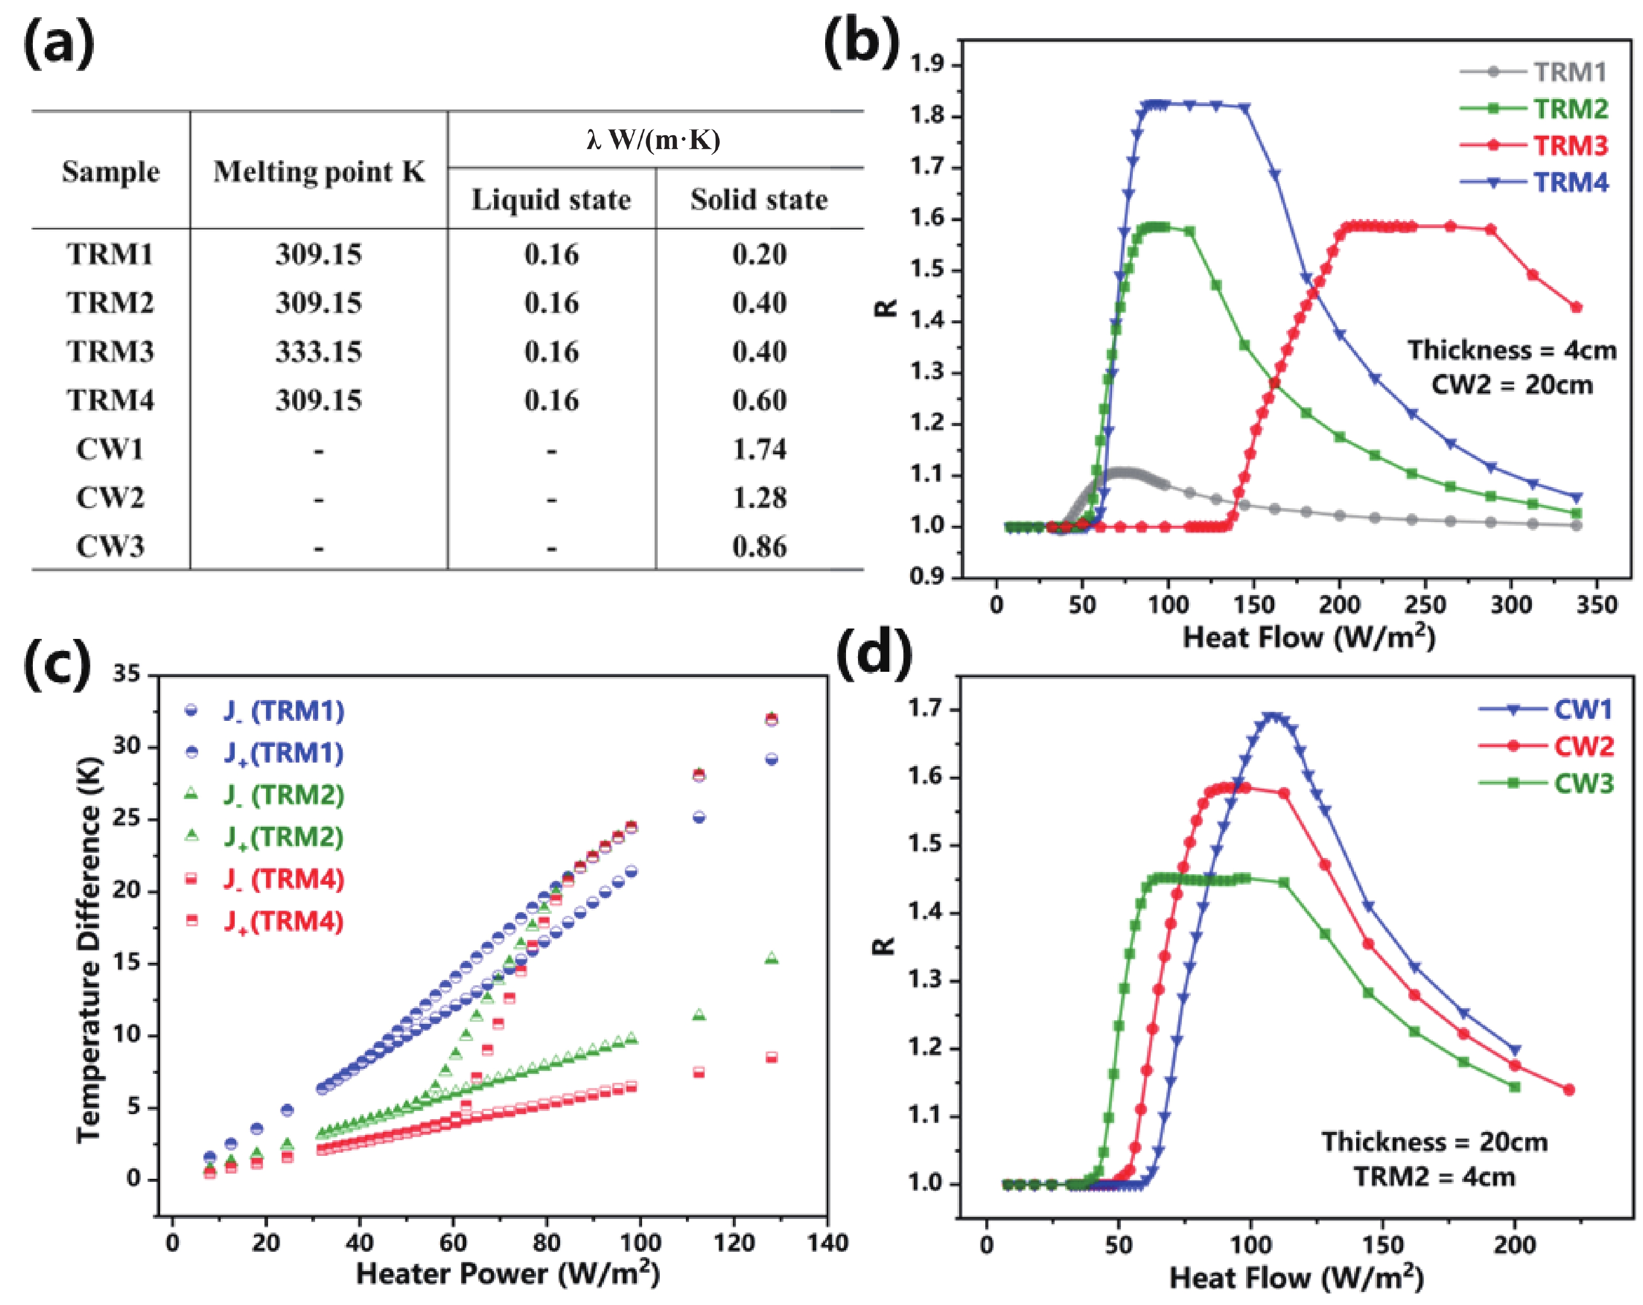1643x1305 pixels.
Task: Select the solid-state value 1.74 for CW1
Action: coord(759,449)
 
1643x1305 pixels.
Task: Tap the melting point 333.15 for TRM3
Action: coord(319,352)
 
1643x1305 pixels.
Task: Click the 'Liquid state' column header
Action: coord(551,200)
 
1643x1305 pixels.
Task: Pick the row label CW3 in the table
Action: coord(110,547)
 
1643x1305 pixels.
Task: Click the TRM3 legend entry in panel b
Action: coord(1570,145)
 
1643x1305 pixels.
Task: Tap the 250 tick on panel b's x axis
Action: coord(1424,605)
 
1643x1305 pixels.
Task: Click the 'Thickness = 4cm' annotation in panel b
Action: coord(1511,350)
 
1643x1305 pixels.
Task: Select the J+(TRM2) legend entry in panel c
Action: coord(283,837)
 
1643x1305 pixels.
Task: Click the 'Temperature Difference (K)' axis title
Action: coord(89,949)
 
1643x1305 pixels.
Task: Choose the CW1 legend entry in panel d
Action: coord(1583,710)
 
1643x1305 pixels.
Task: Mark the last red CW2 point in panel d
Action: coord(1568,1090)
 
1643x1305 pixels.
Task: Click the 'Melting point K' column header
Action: coord(319,172)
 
